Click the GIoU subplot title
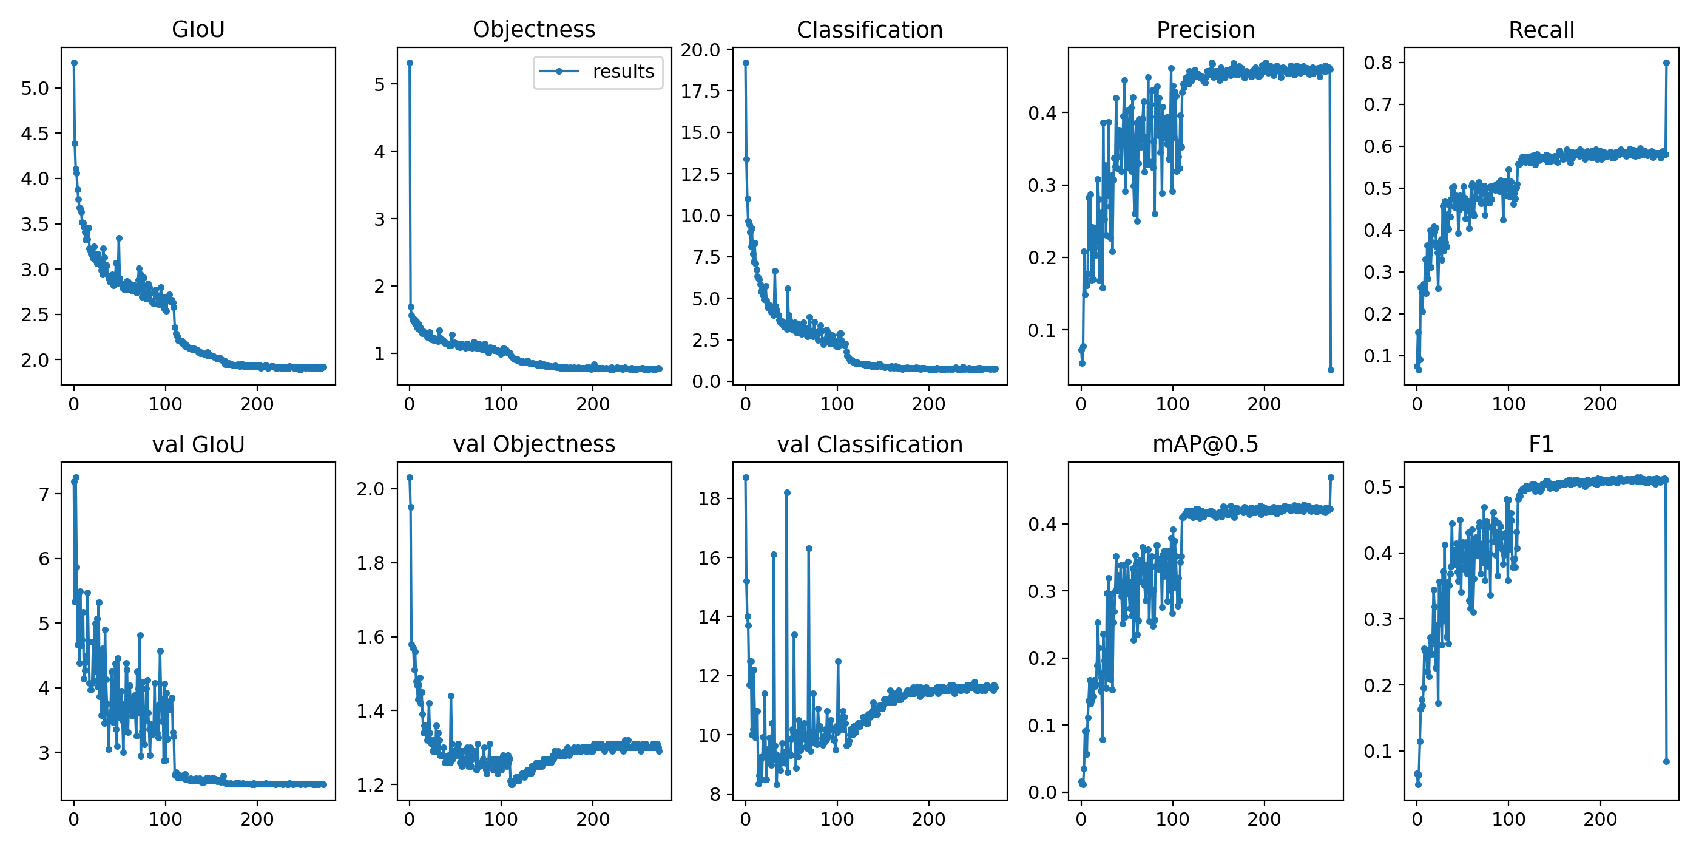click(198, 30)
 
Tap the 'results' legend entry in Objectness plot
click(623, 71)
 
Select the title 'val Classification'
click(870, 445)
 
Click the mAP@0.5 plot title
click(1205, 445)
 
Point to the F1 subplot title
click(1541, 445)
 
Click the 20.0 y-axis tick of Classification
click(700, 50)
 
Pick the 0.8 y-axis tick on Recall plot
click(1378, 63)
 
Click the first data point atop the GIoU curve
click(74, 63)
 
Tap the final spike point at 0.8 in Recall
click(1666, 63)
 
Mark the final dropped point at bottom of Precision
click(1330, 370)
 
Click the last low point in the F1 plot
click(1666, 761)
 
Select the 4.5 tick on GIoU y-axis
click(35, 134)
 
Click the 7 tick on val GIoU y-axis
click(44, 494)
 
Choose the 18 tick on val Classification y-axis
click(710, 499)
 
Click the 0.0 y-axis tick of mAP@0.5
click(1042, 792)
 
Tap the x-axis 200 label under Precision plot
click(1264, 404)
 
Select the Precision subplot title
click(1205, 30)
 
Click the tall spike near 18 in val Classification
click(787, 493)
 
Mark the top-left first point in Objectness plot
click(410, 63)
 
